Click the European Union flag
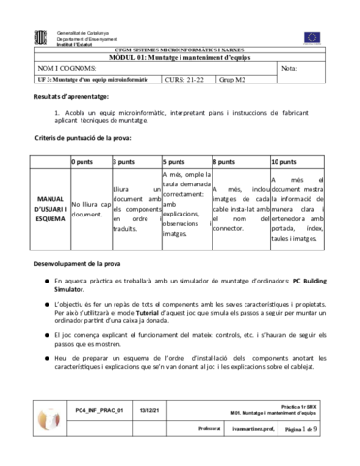(311, 37)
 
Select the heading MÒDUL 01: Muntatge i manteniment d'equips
(180, 56)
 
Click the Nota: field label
(290, 68)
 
